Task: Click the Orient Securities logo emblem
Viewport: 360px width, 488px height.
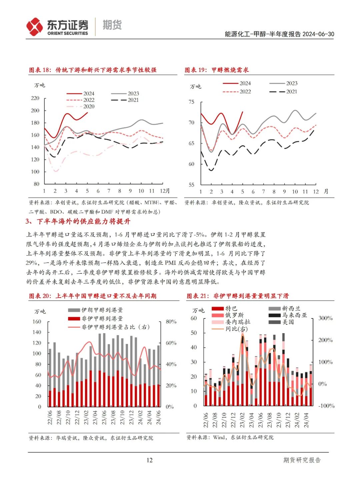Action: [x=34, y=27]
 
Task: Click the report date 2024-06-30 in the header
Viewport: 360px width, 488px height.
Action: [x=318, y=34]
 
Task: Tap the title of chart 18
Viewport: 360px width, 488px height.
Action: [x=93, y=70]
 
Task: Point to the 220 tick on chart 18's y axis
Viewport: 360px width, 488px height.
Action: [x=35, y=98]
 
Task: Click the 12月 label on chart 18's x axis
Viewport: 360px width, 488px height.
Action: [x=165, y=191]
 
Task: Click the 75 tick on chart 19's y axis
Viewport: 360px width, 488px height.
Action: [x=191, y=102]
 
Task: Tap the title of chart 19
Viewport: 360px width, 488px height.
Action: [x=217, y=70]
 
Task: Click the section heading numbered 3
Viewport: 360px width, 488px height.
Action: [x=78, y=222]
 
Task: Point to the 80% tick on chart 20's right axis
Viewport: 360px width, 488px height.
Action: [x=171, y=322]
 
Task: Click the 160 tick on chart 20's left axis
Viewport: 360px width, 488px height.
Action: [x=37, y=322]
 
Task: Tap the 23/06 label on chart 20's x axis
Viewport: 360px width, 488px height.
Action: [x=104, y=417]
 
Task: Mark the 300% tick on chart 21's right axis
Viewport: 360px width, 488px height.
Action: [x=325, y=318]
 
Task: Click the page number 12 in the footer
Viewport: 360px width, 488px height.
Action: [x=149, y=460]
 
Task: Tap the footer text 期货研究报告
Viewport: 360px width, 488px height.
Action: [x=302, y=460]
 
